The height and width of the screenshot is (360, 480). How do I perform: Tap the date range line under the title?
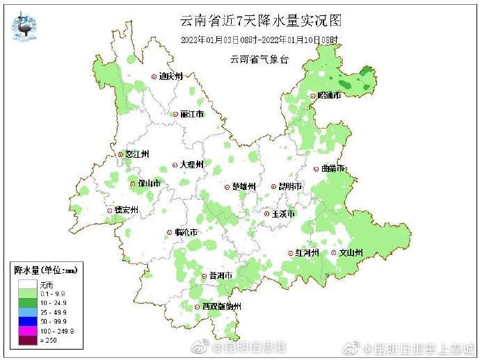coord(259,40)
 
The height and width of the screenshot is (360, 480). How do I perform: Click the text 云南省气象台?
coord(259,59)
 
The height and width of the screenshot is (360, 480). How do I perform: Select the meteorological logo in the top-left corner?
coord(26,26)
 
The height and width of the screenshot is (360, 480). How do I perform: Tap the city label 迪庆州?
coord(169,76)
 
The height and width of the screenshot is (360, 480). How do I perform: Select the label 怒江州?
coord(136,154)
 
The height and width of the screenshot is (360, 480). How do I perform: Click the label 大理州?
coord(191,165)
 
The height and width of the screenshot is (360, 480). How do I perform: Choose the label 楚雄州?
coord(243,186)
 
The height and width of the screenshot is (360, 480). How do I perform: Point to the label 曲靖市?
coord(333,168)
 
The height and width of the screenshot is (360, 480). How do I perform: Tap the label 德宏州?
coord(126,210)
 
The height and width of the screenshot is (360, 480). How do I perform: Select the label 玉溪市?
coord(283,213)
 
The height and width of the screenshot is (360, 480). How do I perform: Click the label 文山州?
coord(350,253)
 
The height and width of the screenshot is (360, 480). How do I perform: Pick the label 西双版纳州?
coord(221,306)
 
